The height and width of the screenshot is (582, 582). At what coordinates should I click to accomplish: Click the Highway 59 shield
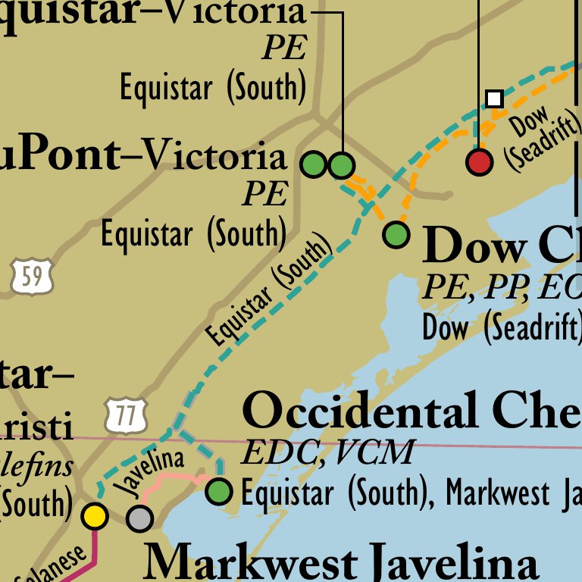(x=32, y=276)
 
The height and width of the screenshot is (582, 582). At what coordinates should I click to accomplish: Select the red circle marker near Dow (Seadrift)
(x=479, y=161)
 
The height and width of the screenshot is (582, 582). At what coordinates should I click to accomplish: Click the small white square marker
(x=494, y=99)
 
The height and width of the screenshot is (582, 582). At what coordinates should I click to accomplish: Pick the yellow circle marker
(x=95, y=515)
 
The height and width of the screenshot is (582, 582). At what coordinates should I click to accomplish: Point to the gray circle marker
(x=139, y=518)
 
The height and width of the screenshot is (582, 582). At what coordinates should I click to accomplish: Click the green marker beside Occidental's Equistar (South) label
(x=220, y=491)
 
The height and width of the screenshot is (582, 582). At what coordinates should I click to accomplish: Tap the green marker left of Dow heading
(x=396, y=234)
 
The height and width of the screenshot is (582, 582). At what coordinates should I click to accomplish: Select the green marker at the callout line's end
(x=342, y=164)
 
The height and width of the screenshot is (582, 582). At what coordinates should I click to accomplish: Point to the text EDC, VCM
(x=327, y=452)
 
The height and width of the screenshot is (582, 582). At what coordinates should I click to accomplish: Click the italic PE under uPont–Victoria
(x=264, y=194)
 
